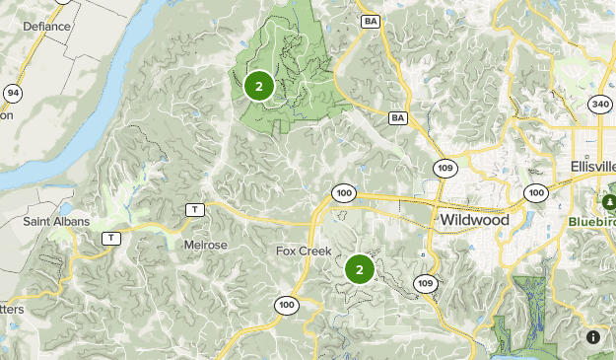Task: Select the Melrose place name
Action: pyautogui.click(x=205, y=245)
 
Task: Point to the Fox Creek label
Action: pyautogui.click(x=305, y=251)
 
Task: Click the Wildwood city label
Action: pyautogui.click(x=474, y=219)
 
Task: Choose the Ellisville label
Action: pyautogui.click(x=591, y=166)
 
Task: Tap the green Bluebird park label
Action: pyautogui.click(x=591, y=222)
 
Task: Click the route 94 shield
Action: pyautogui.click(x=12, y=94)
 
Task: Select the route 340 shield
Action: pyautogui.click(x=600, y=105)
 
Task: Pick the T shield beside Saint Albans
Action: pyautogui.click(x=111, y=238)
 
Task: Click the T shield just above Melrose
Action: pyautogui.click(x=195, y=209)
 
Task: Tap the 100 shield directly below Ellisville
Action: pyautogui.click(x=535, y=192)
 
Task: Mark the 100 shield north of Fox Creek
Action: pyautogui.click(x=343, y=192)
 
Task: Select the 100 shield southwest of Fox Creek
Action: pyautogui.click(x=287, y=305)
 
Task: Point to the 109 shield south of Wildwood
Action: pyautogui.click(x=425, y=284)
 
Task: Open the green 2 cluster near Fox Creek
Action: pyautogui.click(x=360, y=268)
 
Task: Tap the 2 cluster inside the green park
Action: pyautogui.click(x=258, y=86)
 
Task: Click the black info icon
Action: pyautogui.click(x=593, y=337)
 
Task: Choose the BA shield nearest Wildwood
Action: pyautogui.click(x=398, y=118)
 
